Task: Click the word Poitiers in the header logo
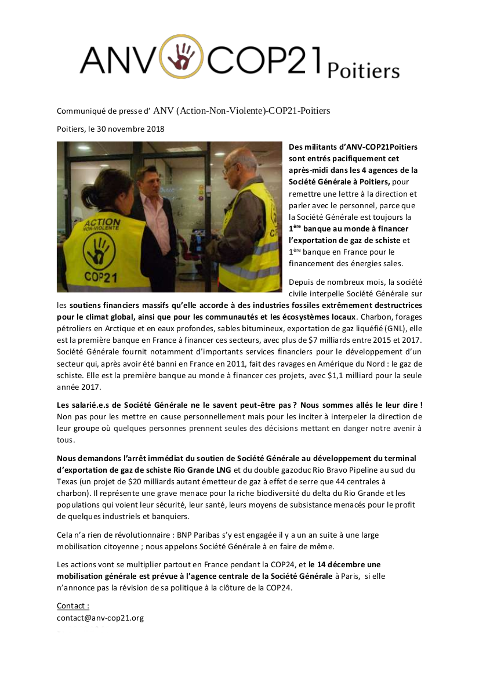click(363, 71)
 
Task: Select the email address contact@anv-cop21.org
click(100, 618)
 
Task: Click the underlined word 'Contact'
click(72, 606)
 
